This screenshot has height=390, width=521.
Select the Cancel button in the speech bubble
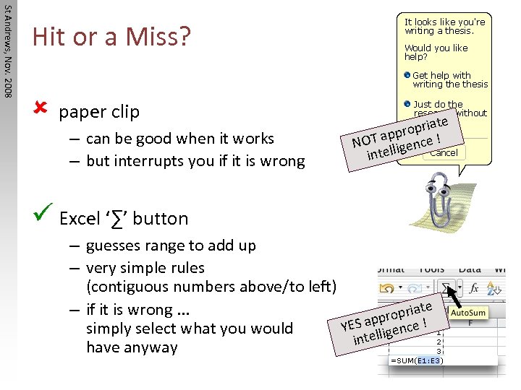point(444,153)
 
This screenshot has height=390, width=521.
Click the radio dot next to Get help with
point(407,75)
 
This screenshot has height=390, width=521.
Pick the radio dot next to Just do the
point(407,105)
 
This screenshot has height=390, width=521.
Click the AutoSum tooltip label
point(468,313)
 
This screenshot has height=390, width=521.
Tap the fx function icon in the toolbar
point(475,287)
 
